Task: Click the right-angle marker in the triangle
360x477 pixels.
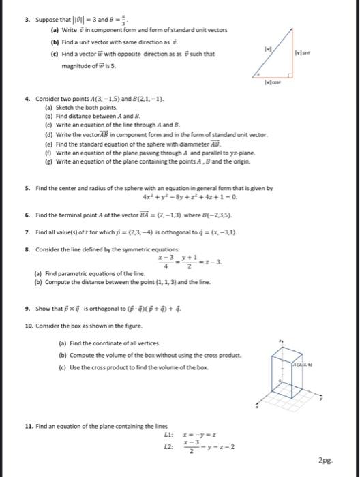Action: (x=290, y=75)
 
